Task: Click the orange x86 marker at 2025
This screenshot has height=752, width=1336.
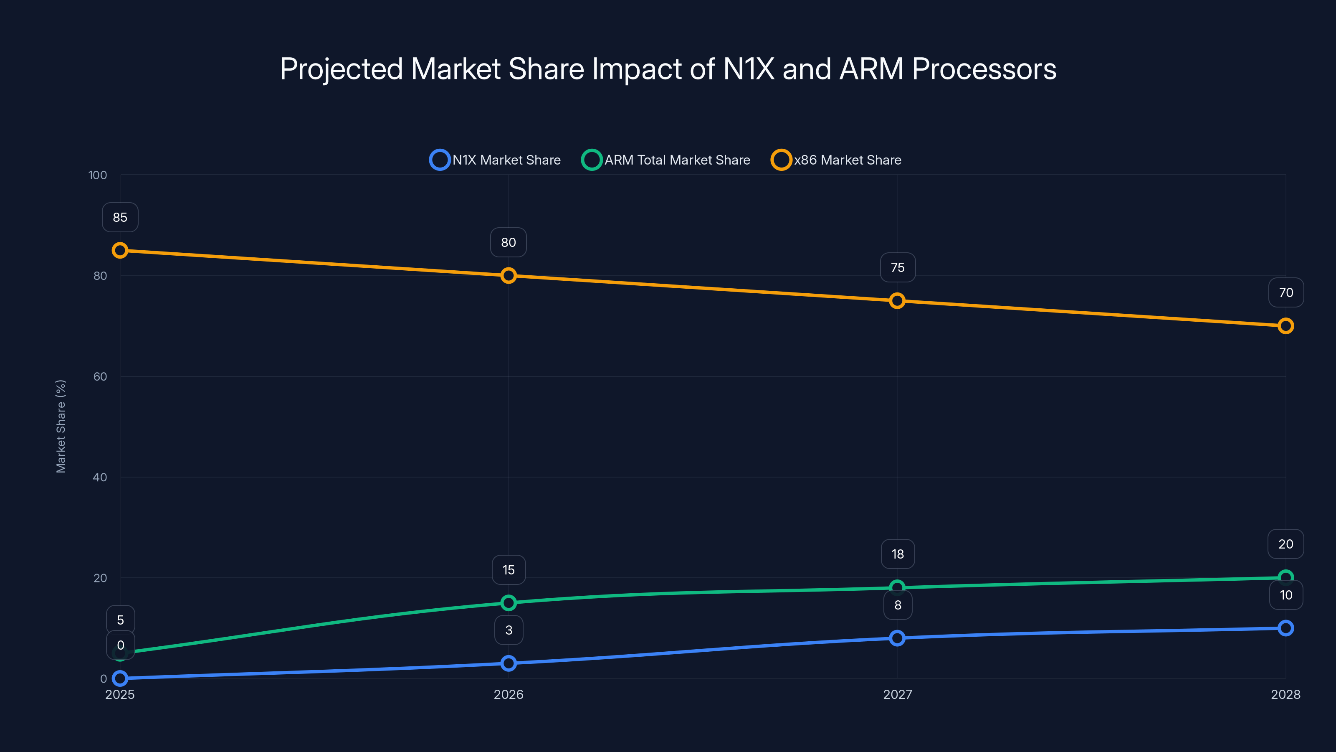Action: pyautogui.click(x=120, y=251)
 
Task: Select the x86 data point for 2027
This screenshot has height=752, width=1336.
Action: pyautogui.click(x=897, y=301)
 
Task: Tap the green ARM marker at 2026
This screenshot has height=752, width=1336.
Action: pyautogui.click(x=508, y=603)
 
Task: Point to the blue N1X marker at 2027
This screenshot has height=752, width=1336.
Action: pyautogui.click(x=897, y=638)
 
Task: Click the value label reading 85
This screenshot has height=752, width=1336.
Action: pyautogui.click(x=120, y=217)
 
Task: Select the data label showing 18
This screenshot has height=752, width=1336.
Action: pyautogui.click(x=897, y=554)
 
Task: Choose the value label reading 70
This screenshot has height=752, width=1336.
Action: pyautogui.click(x=1286, y=293)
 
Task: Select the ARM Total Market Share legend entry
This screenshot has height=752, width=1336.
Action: pyautogui.click(x=666, y=160)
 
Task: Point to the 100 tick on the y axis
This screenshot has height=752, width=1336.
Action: pyautogui.click(x=98, y=175)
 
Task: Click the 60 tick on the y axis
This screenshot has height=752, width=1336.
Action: pyautogui.click(x=100, y=377)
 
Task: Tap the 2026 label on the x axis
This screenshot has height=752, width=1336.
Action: pyautogui.click(x=508, y=695)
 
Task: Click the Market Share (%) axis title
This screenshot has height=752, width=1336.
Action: pyautogui.click(x=61, y=426)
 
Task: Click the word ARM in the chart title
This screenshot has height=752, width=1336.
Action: pyautogui.click(x=871, y=69)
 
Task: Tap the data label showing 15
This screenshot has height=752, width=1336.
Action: pyautogui.click(x=508, y=570)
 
